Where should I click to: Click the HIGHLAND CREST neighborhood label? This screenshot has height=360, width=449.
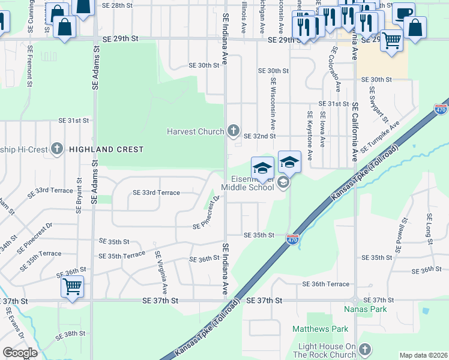[106, 149]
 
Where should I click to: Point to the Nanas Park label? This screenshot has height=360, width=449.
[365, 310]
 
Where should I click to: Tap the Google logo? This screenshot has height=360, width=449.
[20, 353]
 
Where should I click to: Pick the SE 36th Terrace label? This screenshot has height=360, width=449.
[326, 284]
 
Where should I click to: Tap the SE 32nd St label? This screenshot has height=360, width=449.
[259, 136]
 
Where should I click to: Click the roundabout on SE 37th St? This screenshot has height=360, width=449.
[355, 300]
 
